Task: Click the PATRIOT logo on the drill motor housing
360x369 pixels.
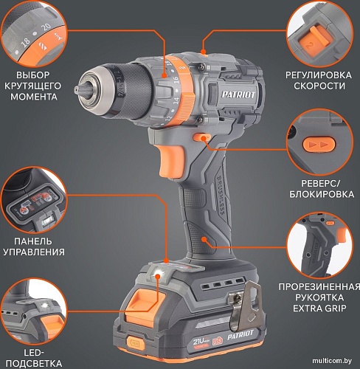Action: point(238,94)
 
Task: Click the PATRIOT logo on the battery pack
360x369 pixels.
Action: point(240,335)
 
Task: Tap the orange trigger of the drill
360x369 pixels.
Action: point(171,160)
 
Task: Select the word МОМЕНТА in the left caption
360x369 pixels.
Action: point(34,97)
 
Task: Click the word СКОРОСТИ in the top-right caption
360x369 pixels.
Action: point(319,86)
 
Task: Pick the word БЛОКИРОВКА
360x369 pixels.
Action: point(322,194)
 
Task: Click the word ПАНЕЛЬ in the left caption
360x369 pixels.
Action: point(33,241)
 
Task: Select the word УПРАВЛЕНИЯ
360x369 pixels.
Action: point(34,252)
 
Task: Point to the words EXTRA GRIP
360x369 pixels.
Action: point(319,308)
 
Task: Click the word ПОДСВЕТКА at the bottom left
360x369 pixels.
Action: point(34,363)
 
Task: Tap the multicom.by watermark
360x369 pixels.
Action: point(332,361)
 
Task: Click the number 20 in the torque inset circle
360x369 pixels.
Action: point(46,27)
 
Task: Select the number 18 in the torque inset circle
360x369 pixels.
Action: point(26,43)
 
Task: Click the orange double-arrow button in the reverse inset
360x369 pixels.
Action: point(319,144)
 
